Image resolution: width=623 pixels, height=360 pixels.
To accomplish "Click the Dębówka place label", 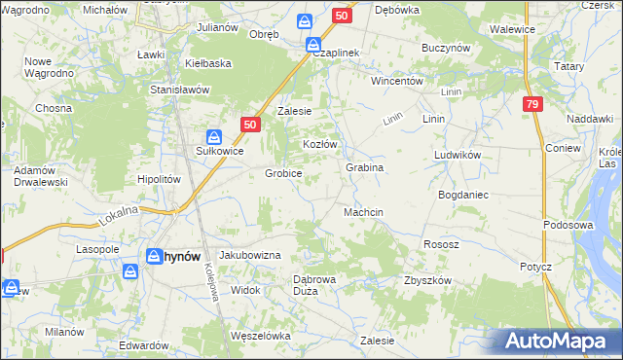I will click(396, 10).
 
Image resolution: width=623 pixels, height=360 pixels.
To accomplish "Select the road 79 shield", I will click(531, 105).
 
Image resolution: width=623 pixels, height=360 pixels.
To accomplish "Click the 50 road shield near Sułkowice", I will click(250, 125).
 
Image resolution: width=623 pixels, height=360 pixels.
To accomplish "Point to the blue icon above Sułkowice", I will click(213, 136).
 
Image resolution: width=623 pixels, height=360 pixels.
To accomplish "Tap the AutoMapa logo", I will click(556, 341).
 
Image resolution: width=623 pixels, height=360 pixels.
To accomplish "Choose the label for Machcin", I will click(363, 212).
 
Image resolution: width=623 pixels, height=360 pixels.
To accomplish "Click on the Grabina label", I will click(364, 167).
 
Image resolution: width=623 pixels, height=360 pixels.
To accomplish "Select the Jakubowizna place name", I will click(250, 254).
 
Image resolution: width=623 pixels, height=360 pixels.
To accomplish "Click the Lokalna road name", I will click(119, 215).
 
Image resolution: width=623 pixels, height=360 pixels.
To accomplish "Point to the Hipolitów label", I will click(160, 179).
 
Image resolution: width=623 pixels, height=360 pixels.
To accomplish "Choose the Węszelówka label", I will click(260, 336).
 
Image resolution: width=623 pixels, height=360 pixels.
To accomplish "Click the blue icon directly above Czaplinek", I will click(313, 45).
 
